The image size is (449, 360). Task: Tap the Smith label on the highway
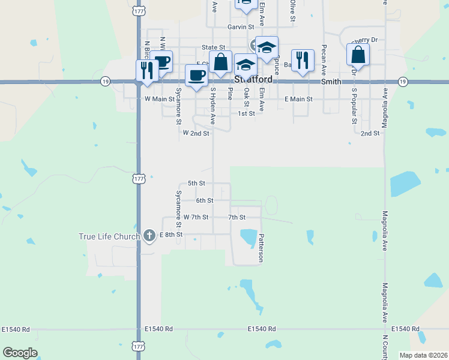[331, 81]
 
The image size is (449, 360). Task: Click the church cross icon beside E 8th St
[149, 236]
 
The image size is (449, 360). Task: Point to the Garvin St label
[241, 27]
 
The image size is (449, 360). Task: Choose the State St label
[213, 47]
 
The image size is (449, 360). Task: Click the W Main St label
[159, 98]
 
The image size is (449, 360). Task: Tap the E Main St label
[298, 98]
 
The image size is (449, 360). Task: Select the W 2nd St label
[196, 133]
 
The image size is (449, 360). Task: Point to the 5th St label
[196, 183]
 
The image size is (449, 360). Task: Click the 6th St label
[205, 200]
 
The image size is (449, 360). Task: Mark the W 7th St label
[196, 217]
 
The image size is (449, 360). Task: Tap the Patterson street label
[261, 248]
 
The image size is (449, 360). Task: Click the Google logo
[20, 353]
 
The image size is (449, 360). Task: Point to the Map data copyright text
[423, 355]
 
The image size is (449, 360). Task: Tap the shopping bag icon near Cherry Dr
[358, 55]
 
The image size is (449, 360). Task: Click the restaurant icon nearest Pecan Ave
[303, 60]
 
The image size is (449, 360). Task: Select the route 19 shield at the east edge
[403, 81]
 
